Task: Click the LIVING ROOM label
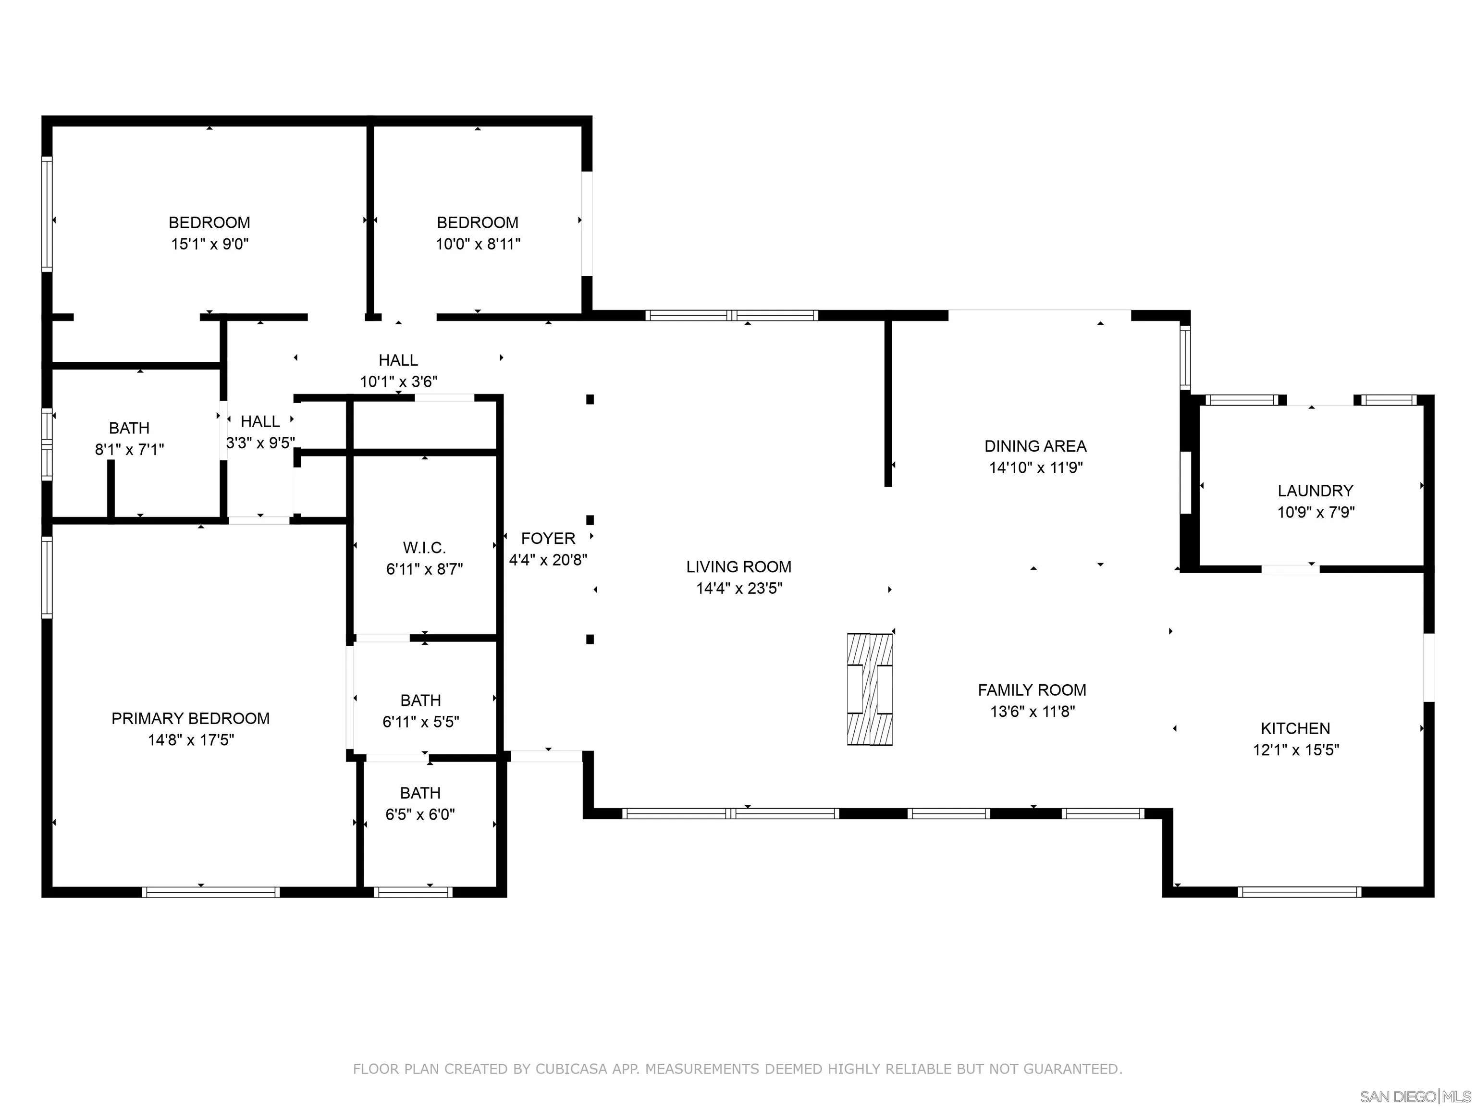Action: pyautogui.click(x=738, y=566)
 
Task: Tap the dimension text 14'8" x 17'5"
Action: pyautogui.click(x=191, y=740)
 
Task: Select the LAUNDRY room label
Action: pyautogui.click(x=1315, y=491)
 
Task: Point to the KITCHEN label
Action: pyautogui.click(x=1295, y=729)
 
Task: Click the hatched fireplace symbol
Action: pyautogui.click(x=870, y=689)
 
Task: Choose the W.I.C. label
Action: pyautogui.click(x=424, y=548)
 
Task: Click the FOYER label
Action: pyautogui.click(x=548, y=539)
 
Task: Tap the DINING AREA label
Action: pyautogui.click(x=1035, y=446)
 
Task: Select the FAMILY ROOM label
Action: pyautogui.click(x=1032, y=690)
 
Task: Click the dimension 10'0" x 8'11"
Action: pyautogui.click(x=478, y=244)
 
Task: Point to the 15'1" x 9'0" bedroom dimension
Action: pyautogui.click(x=209, y=244)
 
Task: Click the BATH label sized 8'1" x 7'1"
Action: pyautogui.click(x=129, y=429)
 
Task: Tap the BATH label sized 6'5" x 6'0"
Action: pyautogui.click(x=420, y=793)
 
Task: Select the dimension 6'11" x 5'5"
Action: pyautogui.click(x=420, y=722)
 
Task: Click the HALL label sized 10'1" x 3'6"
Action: pyautogui.click(x=398, y=360)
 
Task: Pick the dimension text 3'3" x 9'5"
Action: pyautogui.click(x=260, y=443)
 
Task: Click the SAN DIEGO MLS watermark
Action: pyautogui.click(x=1416, y=1097)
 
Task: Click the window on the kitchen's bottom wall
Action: pyautogui.click(x=1299, y=892)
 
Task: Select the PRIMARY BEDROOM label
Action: pyautogui.click(x=191, y=719)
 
